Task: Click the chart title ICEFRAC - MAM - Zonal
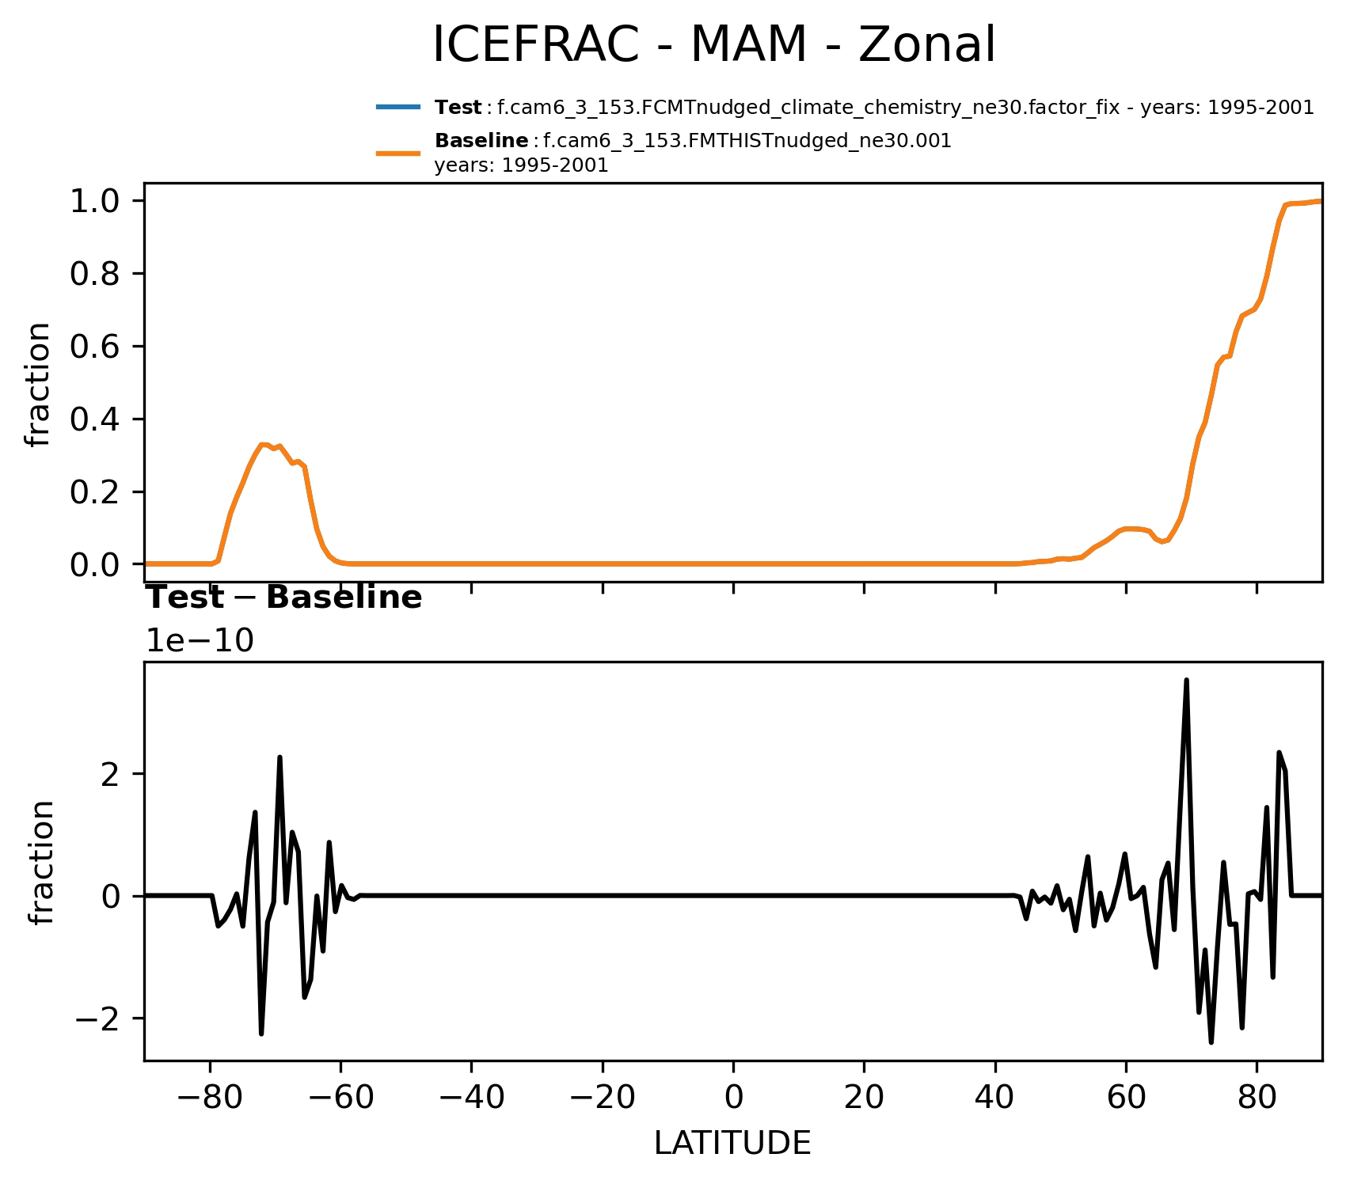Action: (x=713, y=45)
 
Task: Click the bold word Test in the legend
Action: (x=458, y=108)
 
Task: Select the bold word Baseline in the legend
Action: (x=481, y=142)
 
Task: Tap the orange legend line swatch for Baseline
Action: (x=397, y=154)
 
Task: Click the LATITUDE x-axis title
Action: (x=732, y=1143)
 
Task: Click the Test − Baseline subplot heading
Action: (x=285, y=598)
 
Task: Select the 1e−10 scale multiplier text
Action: (x=200, y=641)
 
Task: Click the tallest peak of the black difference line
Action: (x=1186, y=680)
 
